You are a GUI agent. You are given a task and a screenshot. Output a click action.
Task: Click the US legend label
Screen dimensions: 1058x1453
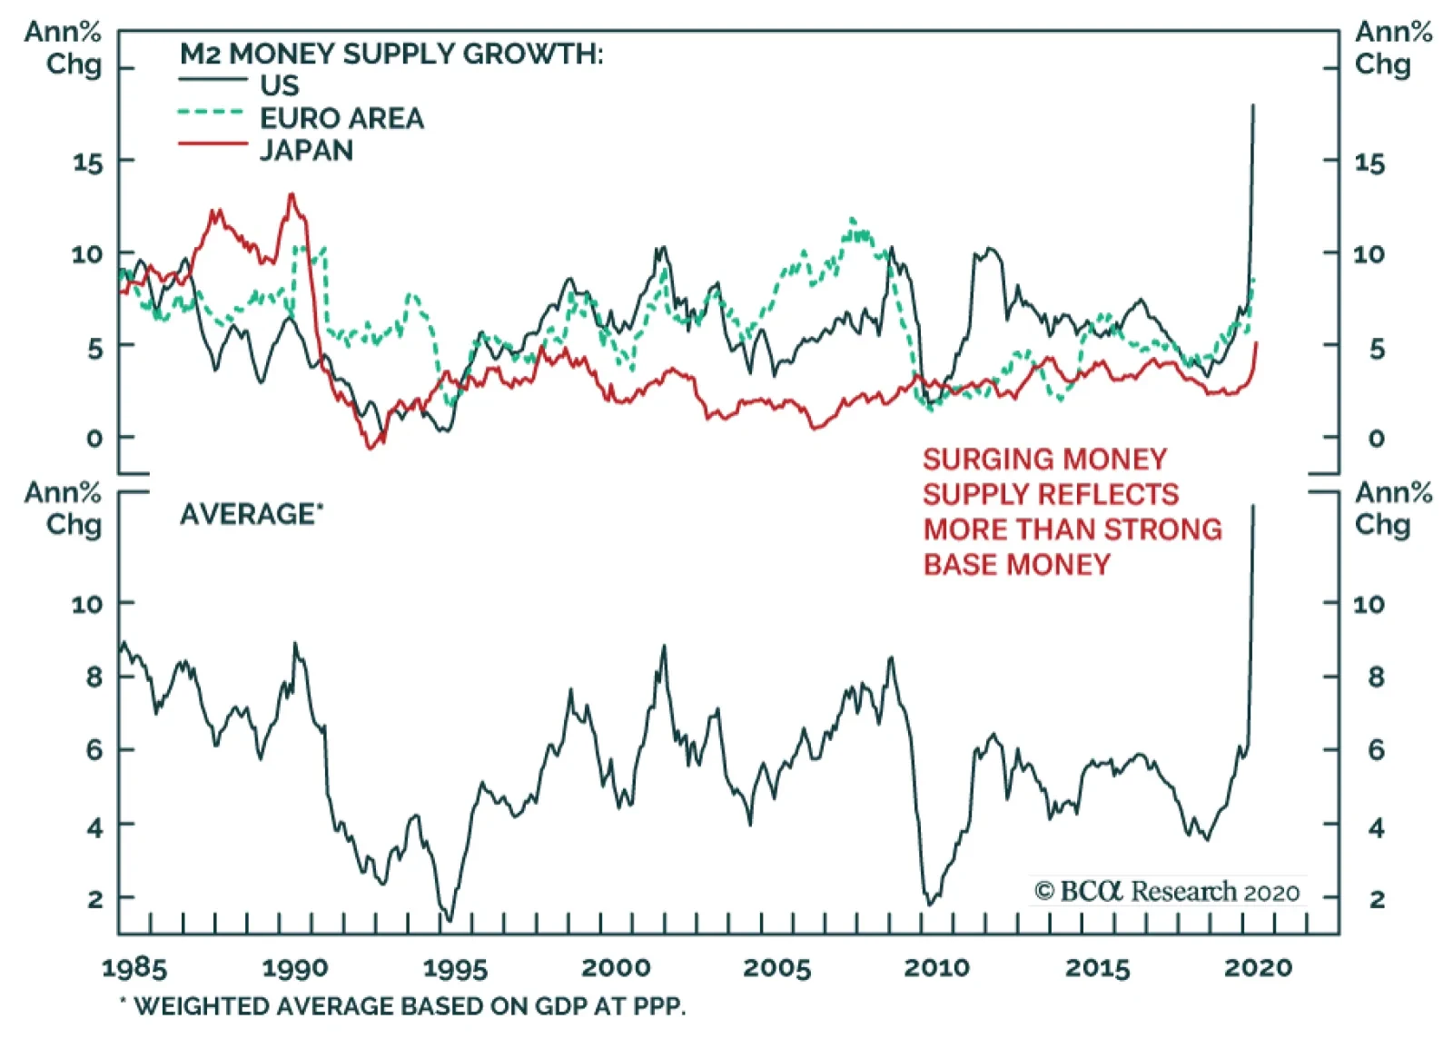pos(279,85)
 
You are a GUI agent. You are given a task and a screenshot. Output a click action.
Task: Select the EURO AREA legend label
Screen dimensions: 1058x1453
pos(341,118)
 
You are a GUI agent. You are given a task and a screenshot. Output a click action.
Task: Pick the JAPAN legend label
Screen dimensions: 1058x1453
pos(306,150)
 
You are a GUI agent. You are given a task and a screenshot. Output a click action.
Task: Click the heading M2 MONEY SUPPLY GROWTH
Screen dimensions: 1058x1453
pos(390,54)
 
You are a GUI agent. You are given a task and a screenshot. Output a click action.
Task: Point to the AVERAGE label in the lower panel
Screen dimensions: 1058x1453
pos(248,514)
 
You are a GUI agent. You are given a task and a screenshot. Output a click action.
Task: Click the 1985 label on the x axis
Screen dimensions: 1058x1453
pos(134,968)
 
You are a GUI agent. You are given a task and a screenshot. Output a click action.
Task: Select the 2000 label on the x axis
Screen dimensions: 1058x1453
pos(616,968)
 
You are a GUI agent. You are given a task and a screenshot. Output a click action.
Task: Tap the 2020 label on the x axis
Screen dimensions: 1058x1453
pos(1258,968)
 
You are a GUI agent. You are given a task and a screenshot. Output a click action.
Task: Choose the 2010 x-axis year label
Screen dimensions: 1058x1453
pos(936,968)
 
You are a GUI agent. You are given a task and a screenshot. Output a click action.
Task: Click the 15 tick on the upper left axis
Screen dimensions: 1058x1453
pos(89,163)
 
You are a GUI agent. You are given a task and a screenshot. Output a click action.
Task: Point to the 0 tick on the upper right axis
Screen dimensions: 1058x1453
pos(1377,439)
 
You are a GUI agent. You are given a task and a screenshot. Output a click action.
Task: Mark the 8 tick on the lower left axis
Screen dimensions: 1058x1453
pos(94,677)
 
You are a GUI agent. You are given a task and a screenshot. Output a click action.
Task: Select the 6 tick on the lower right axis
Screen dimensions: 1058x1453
pos(1377,750)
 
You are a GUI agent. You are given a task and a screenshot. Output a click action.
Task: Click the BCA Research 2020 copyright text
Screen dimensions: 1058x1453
pos(1167,892)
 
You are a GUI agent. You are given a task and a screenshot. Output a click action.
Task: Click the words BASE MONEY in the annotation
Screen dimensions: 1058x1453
pos(1017,565)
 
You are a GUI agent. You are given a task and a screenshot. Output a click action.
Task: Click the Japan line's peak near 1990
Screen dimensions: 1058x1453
pos(292,193)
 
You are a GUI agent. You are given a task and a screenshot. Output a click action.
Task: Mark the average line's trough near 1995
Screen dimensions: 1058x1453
pos(448,919)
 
